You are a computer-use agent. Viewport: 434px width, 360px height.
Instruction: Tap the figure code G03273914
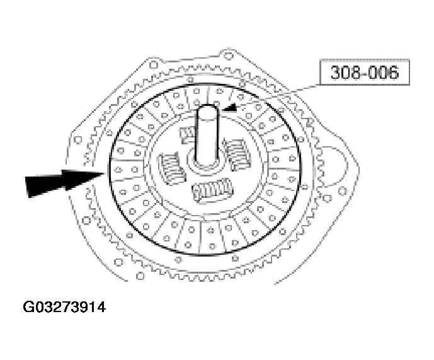pos(64,308)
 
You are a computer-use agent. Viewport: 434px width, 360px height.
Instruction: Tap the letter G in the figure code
pos(28,308)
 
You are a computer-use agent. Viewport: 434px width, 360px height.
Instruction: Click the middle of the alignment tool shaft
pos(207,136)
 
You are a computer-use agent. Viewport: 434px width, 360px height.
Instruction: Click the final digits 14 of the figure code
pos(97,308)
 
